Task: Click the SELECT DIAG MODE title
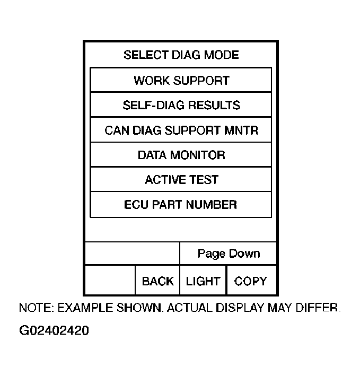click(x=181, y=55)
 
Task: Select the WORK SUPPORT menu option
click(x=181, y=81)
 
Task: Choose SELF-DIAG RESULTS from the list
click(x=181, y=105)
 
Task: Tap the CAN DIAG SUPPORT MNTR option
click(x=181, y=130)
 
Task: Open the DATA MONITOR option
click(x=181, y=155)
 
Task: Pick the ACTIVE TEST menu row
click(x=181, y=180)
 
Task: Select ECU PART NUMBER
click(x=181, y=205)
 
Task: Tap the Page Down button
click(x=229, y=254)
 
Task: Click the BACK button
click(x=157, y=281)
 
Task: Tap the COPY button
click(x=250, y=281)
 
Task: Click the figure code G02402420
click(x=54, y=331)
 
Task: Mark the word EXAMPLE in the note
click(x=81, y=308)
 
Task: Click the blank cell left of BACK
click(x=110, y=280)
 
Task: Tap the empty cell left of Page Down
click(x=132, y=254)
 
